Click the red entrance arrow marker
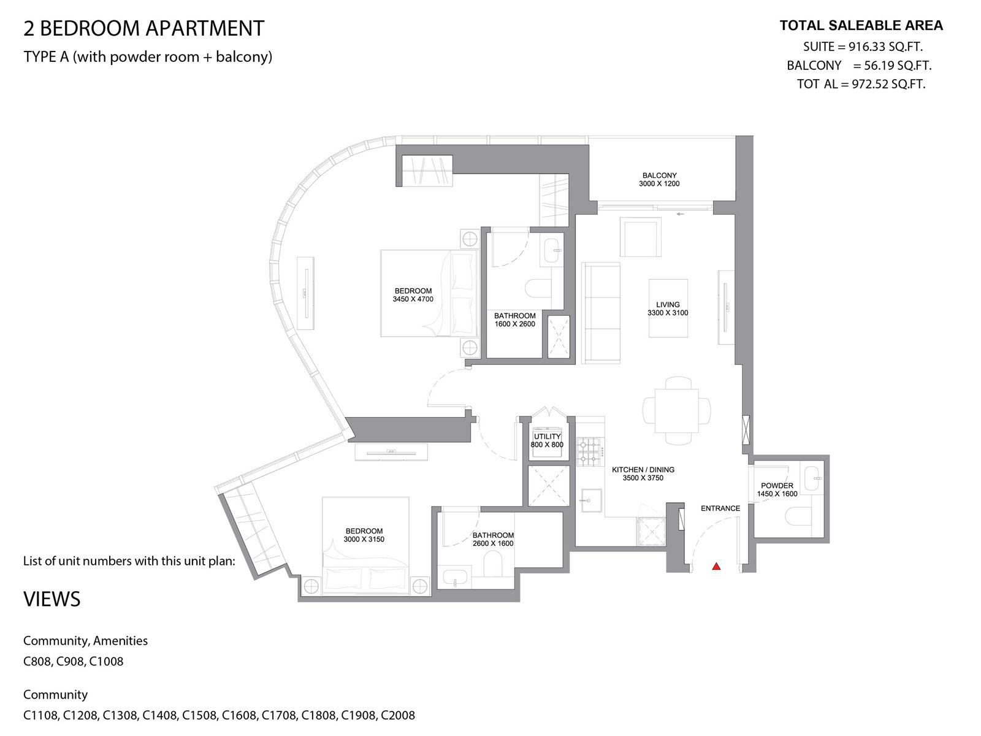(716, 566)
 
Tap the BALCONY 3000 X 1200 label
(659, 180)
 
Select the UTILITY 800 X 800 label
(547, 440)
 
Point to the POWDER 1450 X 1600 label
(777, 490)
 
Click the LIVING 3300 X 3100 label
(668, 309)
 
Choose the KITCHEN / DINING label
(643, 470)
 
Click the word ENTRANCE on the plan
(720, 508)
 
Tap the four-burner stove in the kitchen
(589, 452)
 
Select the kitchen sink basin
(591, 500)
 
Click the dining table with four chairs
(677, 411)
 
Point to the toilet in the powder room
(797, 516)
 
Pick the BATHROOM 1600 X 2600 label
(515, 320)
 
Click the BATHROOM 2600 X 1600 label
(493, 539)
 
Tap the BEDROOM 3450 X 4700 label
(413, 295)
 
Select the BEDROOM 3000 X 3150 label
(364, 535)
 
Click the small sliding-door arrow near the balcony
(680, 214)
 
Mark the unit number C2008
(398, 715)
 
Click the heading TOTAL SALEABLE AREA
(861, 26)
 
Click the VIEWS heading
(52, 599)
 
